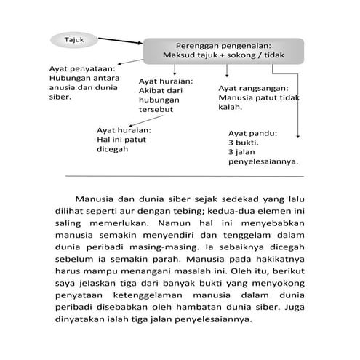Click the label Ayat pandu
coord(253,133)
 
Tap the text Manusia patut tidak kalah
coord(258,101)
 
